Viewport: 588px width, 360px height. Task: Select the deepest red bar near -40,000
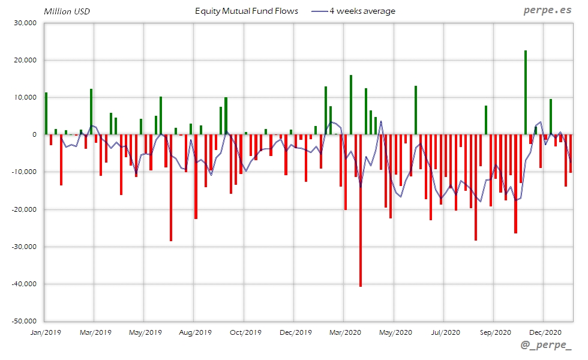click(x=361, y=210)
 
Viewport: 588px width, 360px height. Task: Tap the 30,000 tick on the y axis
click(x=25, y=23)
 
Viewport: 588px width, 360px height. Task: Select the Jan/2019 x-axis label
click(x=46, y=332)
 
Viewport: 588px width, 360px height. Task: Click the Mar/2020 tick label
click(x=344, y=332)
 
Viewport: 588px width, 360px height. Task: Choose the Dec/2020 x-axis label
click(x=545, y=332)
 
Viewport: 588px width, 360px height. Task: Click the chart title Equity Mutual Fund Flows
click(x=246, y=11)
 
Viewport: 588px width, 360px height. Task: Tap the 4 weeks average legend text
click(x=362, y=11)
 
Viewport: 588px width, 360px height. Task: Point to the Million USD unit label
click(x=67, y=11)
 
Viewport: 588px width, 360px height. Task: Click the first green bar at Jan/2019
click(x=46, y=113)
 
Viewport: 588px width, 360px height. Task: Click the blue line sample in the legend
click(x=319, y=11)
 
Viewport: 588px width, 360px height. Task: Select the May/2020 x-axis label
click(x=395, y=332)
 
